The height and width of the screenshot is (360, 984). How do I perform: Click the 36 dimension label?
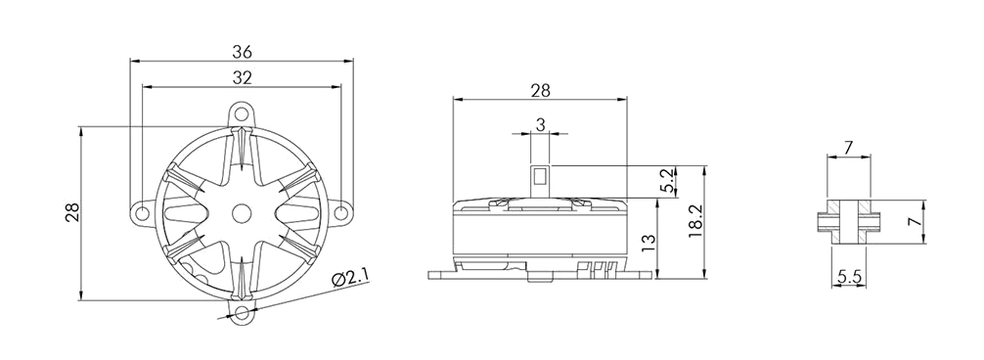(x=242, y=52)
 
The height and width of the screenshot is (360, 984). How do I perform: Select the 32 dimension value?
(x=242, y=77)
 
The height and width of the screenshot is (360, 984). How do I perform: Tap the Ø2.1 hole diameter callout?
(x=350, y=278)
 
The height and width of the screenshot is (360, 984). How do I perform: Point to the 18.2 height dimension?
(x=694, y=222)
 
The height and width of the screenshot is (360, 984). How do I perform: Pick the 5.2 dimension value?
(x=668, y=181)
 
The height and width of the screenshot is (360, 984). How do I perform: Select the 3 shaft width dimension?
(x=540, y=125)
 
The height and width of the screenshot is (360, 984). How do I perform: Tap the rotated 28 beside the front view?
(x=72, y=212)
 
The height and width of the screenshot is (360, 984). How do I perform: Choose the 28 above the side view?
(x=540, y=90)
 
